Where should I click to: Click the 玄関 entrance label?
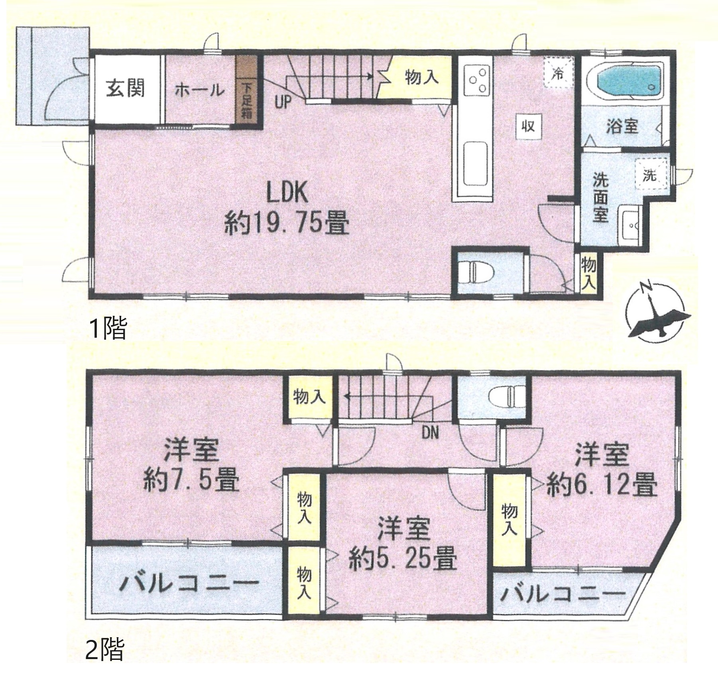126,89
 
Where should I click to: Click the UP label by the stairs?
282,102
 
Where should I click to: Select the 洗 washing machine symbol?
650,175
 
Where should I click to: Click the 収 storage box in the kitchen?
528,127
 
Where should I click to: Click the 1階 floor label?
108,329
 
